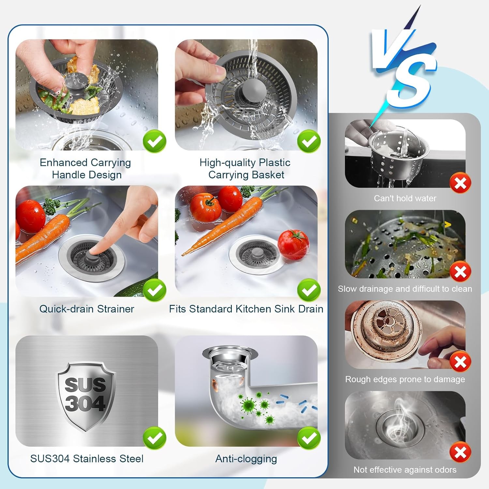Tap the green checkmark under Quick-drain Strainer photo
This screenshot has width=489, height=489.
click(155, 290)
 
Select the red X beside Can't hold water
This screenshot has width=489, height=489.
click(460, 183)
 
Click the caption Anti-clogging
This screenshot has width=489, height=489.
click(246, 459)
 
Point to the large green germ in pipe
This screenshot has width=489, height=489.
click(249, 405)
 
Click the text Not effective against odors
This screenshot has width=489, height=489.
click(405, 470)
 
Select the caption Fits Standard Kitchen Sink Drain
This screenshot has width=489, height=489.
click(246, 309)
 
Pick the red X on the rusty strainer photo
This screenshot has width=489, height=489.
click(460, 362)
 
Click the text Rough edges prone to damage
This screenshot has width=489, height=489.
click(405, 379)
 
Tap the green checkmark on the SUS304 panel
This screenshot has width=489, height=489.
click(155, 438)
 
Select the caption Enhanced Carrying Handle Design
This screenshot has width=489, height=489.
click(86, 169)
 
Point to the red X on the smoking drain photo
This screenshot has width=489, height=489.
click(460, 452)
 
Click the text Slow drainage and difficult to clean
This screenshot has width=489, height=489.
click(405, 289)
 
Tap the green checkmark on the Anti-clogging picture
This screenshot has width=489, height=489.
click(309, 438)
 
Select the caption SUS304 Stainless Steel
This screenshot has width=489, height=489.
click(87, 459)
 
